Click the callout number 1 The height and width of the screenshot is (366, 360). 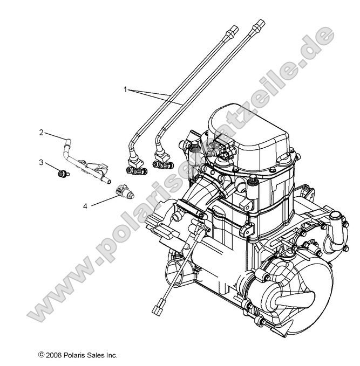(126, 90)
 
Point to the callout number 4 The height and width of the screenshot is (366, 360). (85, 205)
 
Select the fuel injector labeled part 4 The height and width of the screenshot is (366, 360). (123, 189)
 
